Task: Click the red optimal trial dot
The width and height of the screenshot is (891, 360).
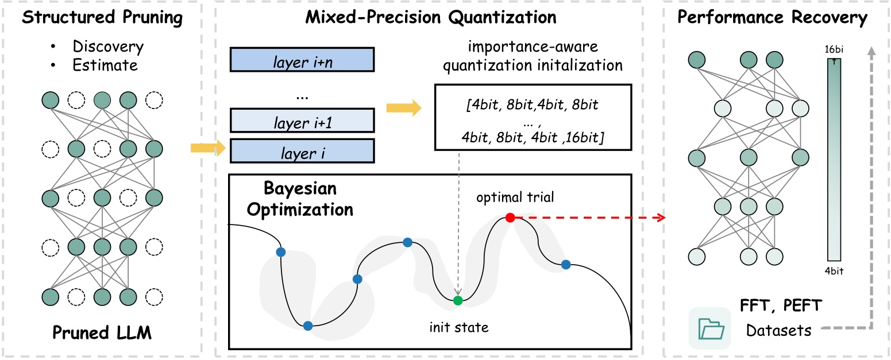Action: click(510, 218)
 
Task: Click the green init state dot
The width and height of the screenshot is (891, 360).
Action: click(457, 300)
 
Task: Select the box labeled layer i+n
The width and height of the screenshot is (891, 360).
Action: click(302, 59)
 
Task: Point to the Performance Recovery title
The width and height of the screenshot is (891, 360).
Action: click(772, 18)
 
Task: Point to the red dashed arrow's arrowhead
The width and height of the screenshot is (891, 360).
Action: click(661, 218)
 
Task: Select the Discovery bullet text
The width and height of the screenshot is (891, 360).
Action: click(108, 47)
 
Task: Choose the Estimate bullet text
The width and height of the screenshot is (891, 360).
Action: click(105, 65)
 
